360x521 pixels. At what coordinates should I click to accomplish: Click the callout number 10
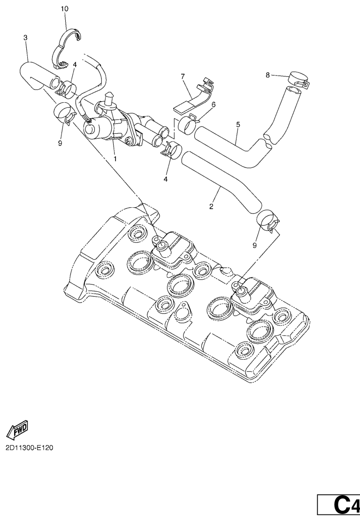point(65,9)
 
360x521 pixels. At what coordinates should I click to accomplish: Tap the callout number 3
point(26,38)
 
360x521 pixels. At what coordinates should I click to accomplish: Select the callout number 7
point(183,77)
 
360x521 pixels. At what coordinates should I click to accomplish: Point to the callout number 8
point(268,75)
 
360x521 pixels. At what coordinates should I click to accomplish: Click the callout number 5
point(238,125)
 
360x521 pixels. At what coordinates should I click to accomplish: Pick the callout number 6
point(213,105)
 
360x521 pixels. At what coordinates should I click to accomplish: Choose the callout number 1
point(115,159)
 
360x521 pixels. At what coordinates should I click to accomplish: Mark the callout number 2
point(211,207)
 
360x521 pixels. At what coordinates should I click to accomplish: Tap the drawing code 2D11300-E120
point(29,448)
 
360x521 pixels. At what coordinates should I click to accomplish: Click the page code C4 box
point(338,505)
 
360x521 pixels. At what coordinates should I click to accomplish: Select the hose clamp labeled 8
point(299,79)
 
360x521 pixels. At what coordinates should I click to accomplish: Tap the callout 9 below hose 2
point(254,245)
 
